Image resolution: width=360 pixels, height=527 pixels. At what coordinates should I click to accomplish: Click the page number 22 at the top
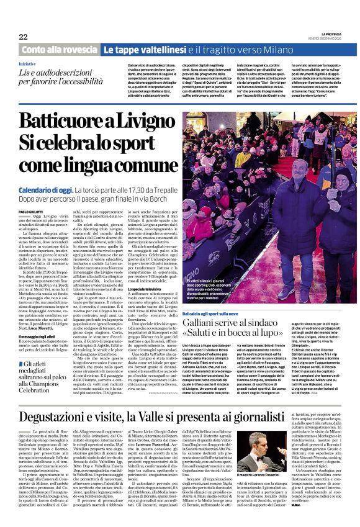[x=23, y=37]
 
